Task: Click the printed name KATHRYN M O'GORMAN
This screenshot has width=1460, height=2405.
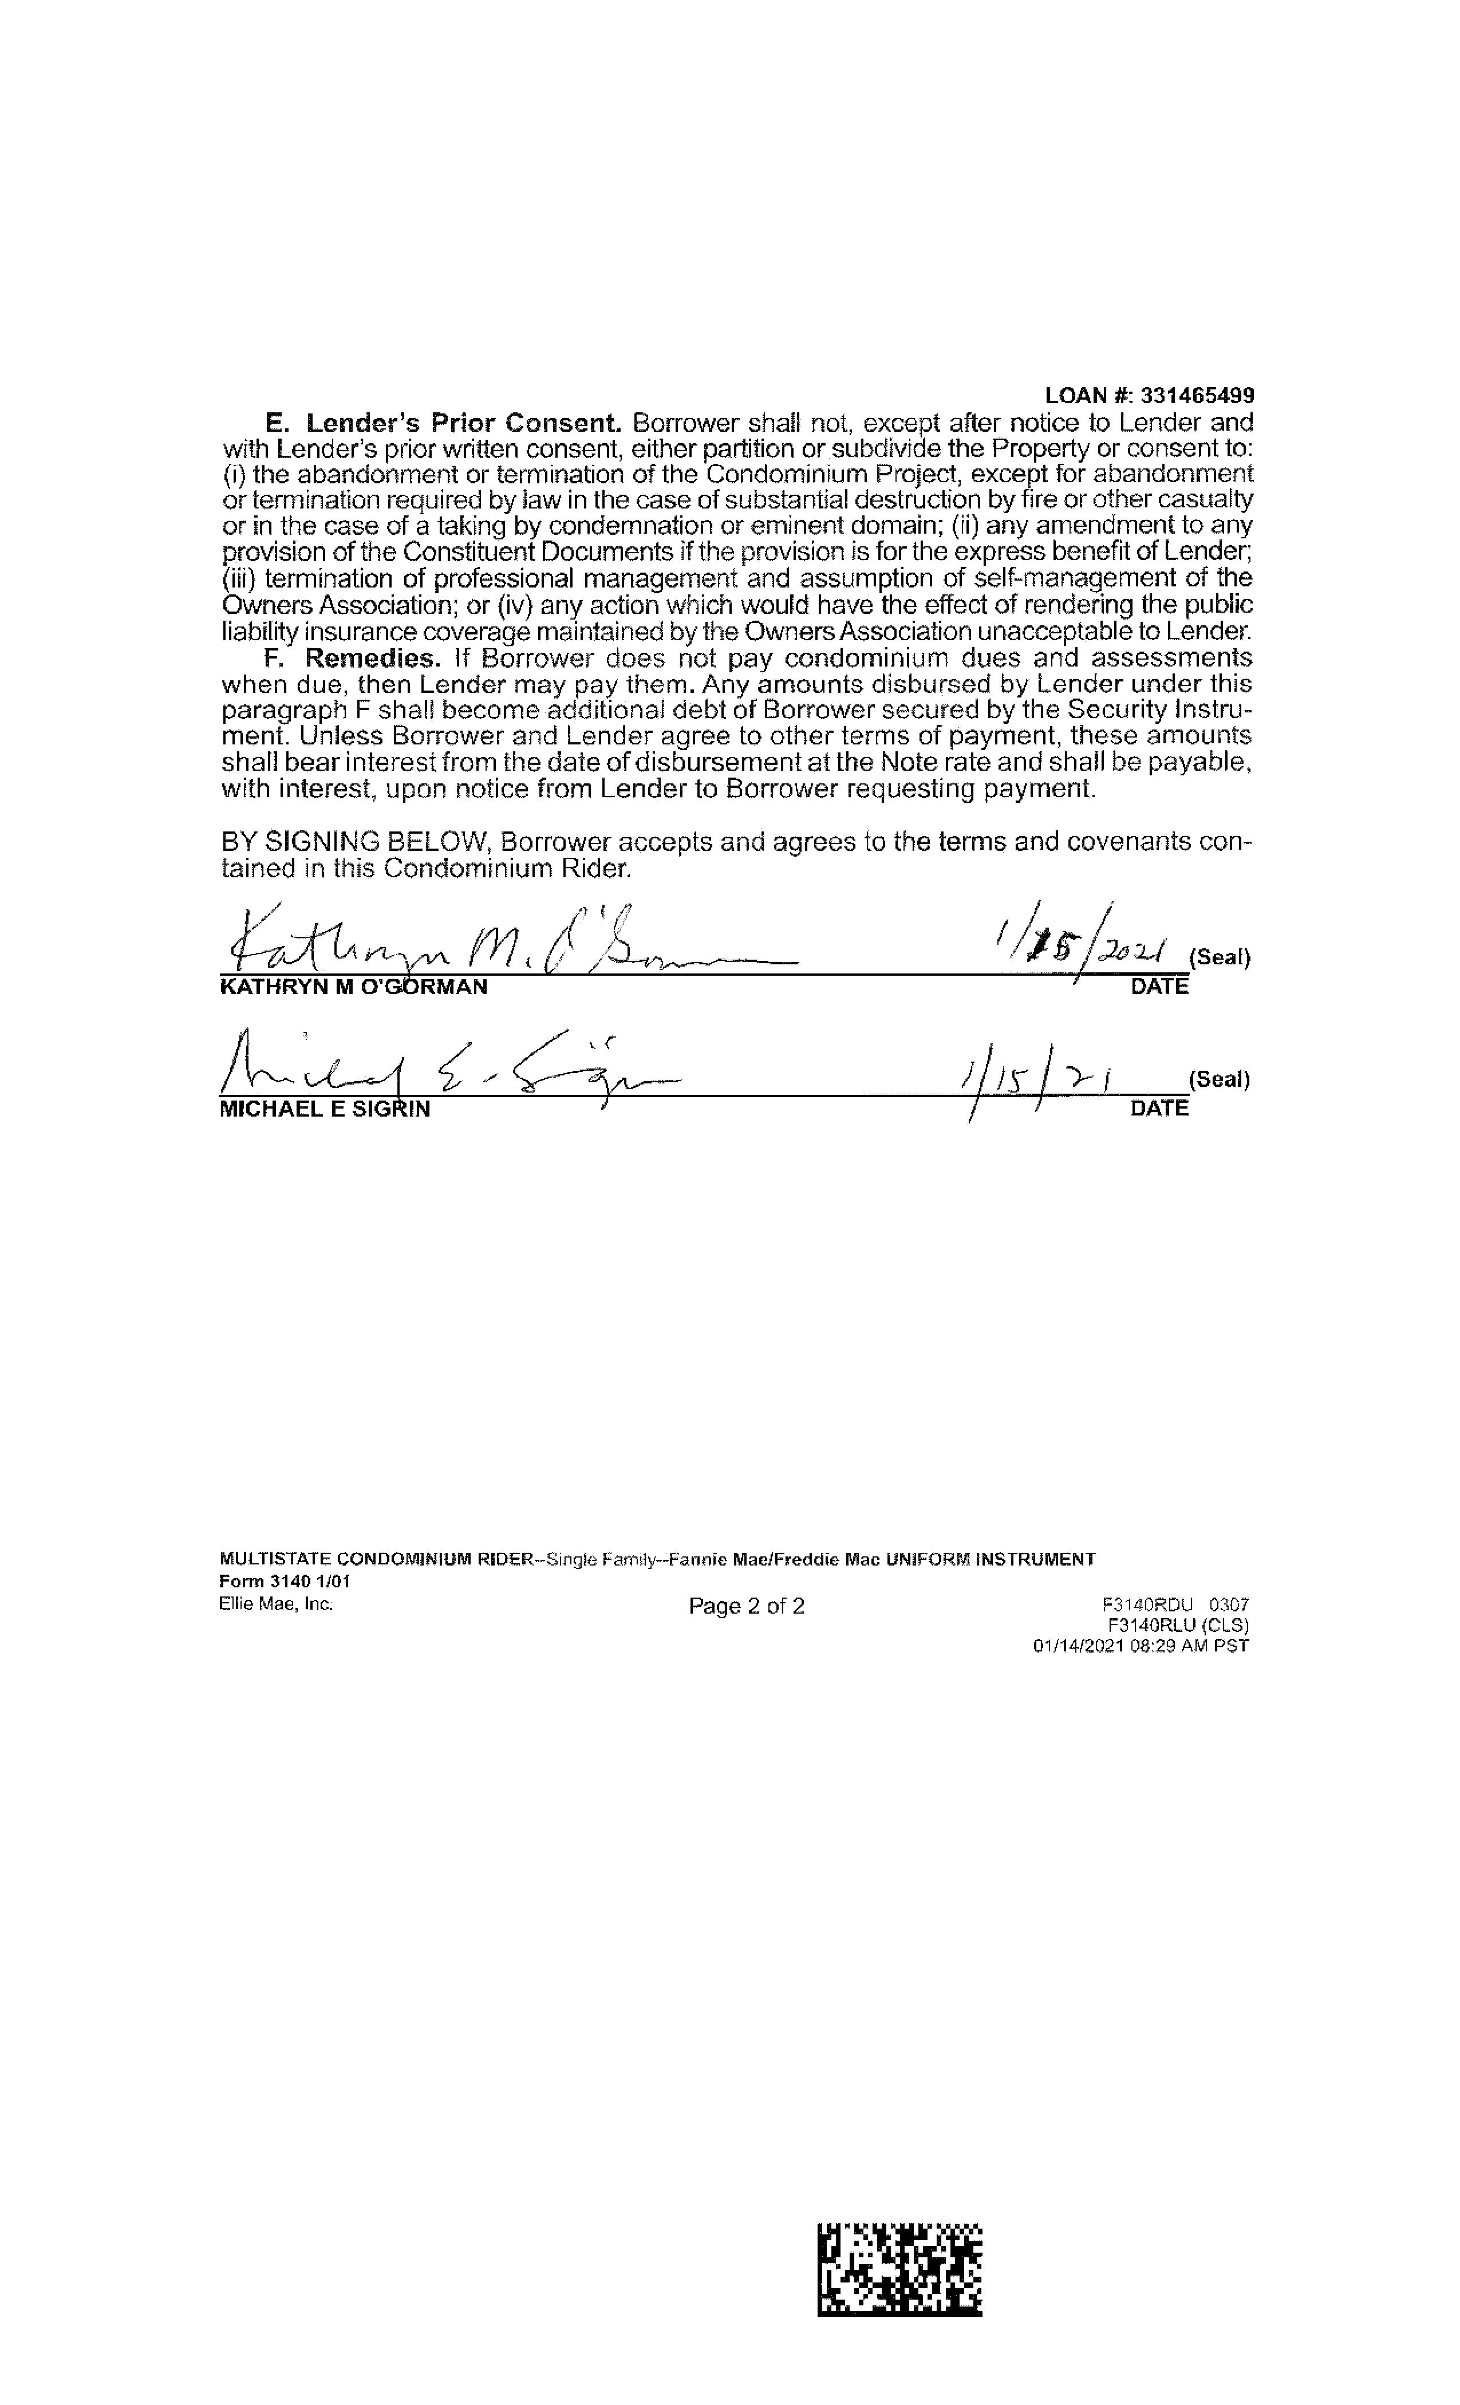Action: pyautogui.click(x=353, y=987)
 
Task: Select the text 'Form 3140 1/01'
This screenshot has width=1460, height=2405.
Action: pyautogui.click(x=284, y=1581)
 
